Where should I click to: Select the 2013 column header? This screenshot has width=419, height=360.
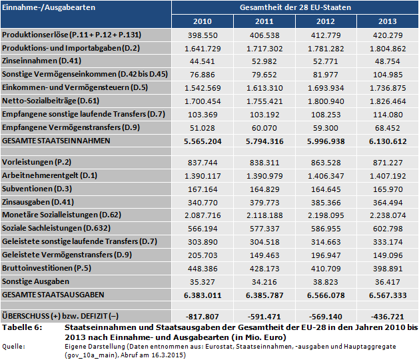point(387,21)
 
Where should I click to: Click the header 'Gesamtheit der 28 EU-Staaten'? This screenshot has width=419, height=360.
point(294,7)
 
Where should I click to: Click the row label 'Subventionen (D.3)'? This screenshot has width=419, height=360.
point(36,189)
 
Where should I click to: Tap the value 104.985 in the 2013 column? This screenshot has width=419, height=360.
point(387,73)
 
